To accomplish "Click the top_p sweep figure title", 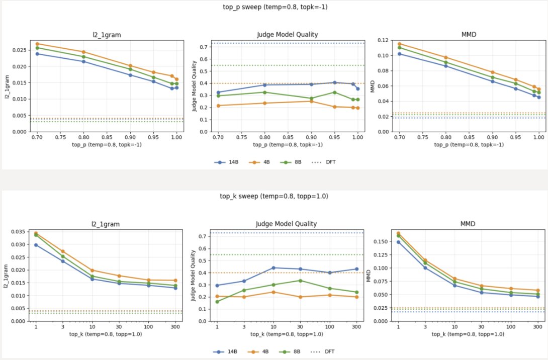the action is coord(275,7).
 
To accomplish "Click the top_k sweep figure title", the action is coord(274,196).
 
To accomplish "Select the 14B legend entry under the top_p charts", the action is coord(226,162).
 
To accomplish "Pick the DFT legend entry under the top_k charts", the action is coord(323,351).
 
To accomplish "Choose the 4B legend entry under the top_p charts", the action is coord(259,162).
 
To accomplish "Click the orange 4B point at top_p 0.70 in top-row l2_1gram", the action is coord(37,44).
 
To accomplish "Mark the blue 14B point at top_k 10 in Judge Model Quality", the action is coord(273,268).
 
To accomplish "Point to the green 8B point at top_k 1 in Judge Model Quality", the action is coord(217,302).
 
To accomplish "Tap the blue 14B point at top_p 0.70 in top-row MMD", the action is coord(400,54).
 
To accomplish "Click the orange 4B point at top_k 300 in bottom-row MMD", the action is coord(538,291).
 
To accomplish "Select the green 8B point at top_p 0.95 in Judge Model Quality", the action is coord(334,93).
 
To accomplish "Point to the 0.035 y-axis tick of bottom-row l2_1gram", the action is coord(19,232).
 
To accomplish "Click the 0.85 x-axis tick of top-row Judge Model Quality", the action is coord(288,137).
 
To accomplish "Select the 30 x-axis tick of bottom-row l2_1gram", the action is coord(119,327).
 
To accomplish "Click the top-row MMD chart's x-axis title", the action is coord(469,145).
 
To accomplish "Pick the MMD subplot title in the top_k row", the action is coord(468,224).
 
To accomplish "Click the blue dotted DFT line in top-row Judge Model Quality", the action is coord(288,43).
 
